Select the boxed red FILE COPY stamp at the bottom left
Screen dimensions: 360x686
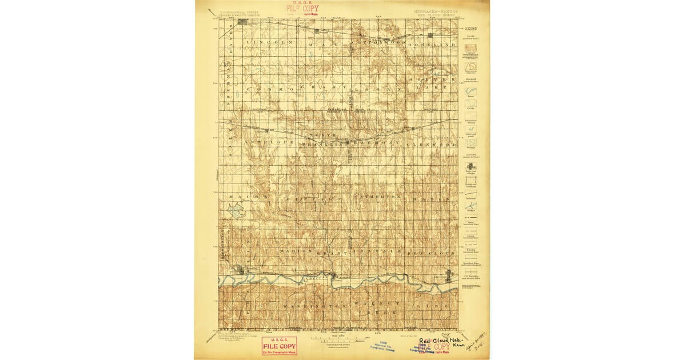tap(279, 346)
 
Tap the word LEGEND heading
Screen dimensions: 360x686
tap(470, 28)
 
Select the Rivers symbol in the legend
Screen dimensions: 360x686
tap(470, 90)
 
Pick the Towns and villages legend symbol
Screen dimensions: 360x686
tap(470, 167)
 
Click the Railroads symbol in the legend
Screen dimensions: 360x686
tap(470, 195)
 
